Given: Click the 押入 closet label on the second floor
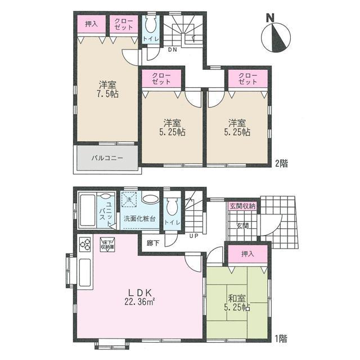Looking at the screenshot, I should point(91,24).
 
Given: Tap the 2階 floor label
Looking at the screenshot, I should point(281,164).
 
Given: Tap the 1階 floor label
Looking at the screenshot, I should point(281,339).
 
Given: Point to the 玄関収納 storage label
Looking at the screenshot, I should point(242,206).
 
